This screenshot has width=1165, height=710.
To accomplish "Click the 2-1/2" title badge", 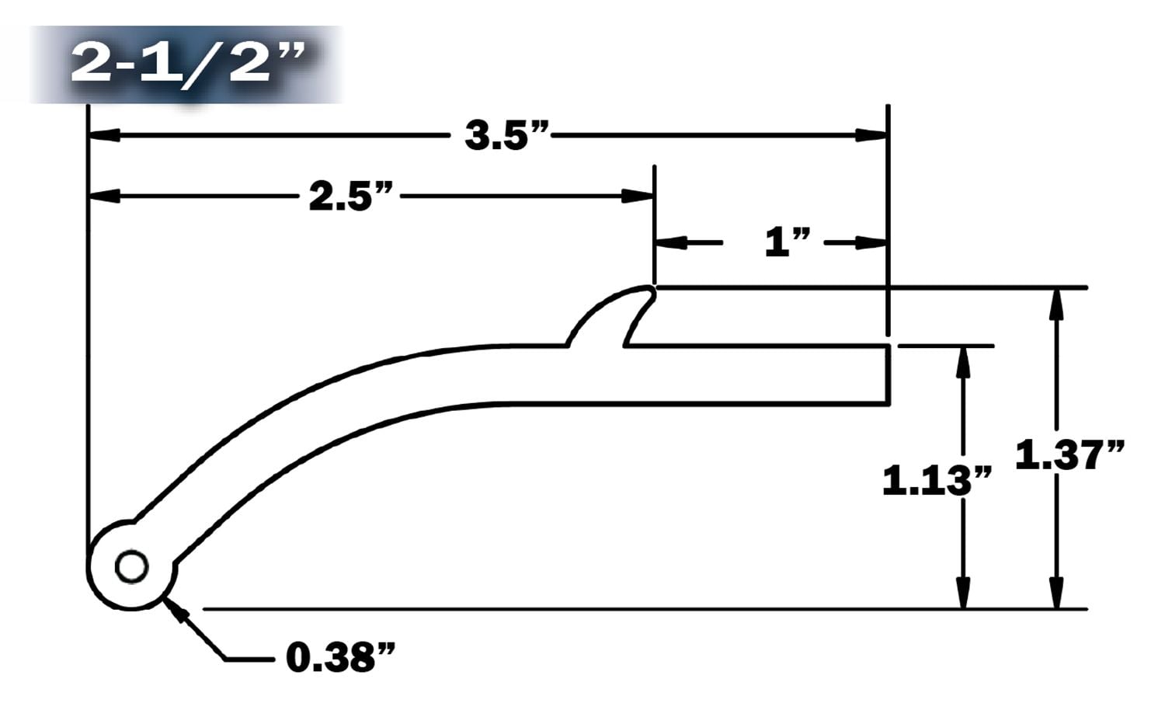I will pyautogui.click(x=186, y=64).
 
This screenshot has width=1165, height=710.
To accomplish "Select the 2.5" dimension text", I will pyautogui.click(x=350, y=196).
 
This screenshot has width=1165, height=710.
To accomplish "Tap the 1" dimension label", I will pyautogui.click(x=788, y=243).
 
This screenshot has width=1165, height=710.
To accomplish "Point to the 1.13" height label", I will pyautogui.click(x=937, y=481).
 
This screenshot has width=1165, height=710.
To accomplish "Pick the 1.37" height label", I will pyautogui.click(x=1069, y=454).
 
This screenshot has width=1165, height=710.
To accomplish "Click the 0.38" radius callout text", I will pyautogui.click(x=340, y=659).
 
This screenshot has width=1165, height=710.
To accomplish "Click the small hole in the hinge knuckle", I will pyautogui.click(x=131, y=566).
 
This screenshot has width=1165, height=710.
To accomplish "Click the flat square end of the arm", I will pyautogui.click(x=888, y=375).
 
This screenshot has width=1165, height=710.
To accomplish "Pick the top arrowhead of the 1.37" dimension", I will pyautogui.click(x=1055, y=304).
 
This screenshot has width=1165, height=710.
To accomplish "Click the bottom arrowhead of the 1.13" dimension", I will pyautogui.click(x=963, y=593).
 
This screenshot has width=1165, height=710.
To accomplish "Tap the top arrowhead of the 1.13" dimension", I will pyautogui.click(x=963, y=362).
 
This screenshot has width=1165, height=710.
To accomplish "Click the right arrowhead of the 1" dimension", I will pyautogui.click(x=871, y=243).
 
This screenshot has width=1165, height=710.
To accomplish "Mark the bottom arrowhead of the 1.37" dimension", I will pyautogui.click(x=1055, y=593).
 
